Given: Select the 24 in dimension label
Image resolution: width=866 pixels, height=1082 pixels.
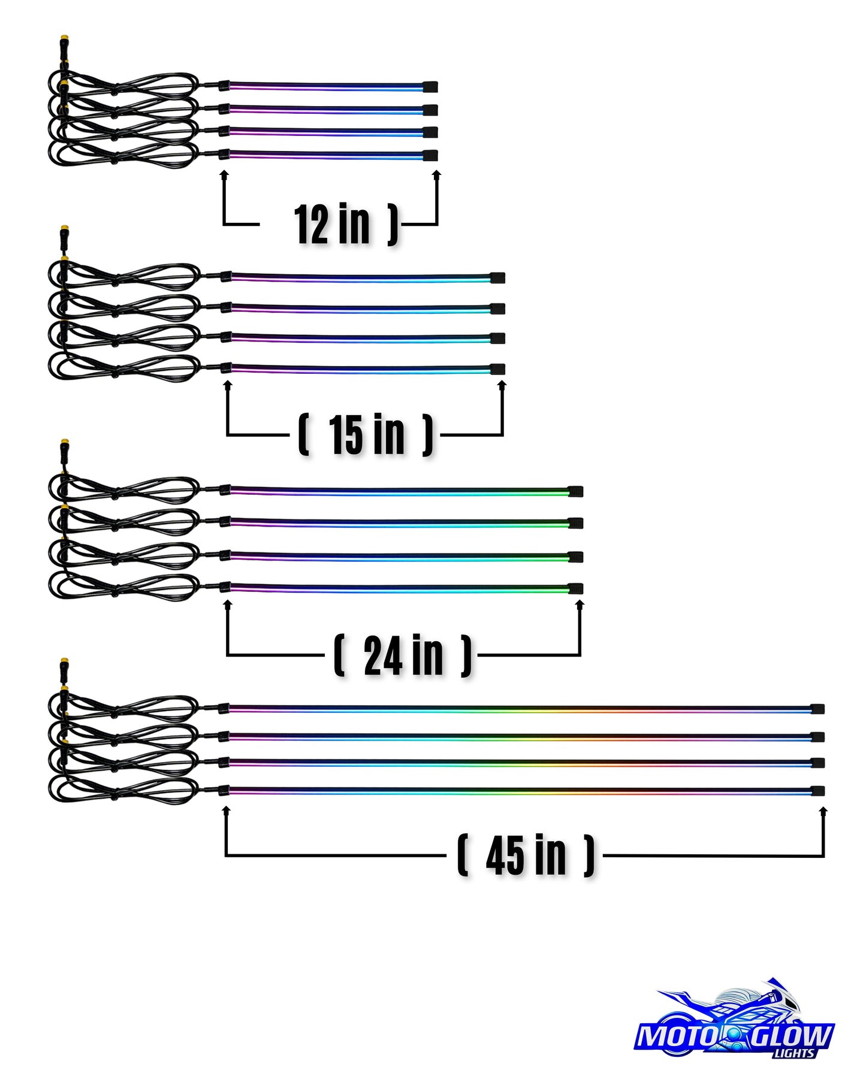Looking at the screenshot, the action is pyautogui.click(x=403, y=655).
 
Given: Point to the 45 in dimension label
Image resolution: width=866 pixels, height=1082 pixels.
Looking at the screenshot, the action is pyautogui.click(x=526, y=856).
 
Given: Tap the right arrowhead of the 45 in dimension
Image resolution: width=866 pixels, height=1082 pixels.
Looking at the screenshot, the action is pyautogui.click(x=823, y=811).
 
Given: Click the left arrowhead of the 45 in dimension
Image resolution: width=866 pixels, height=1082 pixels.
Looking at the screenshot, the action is pyautogui.click(x=226, y=811).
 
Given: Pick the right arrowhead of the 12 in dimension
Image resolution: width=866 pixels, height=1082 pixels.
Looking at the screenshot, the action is pyautogui.click(x=437, y=174).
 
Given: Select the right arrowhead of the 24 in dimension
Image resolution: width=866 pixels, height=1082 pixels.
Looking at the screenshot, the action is pyautogui.click(x=580, y=605).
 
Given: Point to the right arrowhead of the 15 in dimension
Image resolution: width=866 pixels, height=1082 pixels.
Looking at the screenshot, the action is pyautogui.click(x=502, y=385).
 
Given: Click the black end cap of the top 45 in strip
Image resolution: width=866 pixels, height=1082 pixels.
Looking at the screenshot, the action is pyautogui.click(x=817, y=709).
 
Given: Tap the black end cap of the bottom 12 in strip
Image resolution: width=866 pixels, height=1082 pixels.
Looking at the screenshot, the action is pyautogui.click(x=430, y=156).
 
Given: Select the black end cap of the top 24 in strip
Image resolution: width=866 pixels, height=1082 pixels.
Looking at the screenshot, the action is pyautogui.click(x=575, y=492).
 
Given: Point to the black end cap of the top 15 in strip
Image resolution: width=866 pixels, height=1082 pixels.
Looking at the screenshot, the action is pyautogui.click(x=497, y=278).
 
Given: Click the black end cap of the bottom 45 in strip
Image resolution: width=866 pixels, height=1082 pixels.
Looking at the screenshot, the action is pyautogui.click(x=817, y=791).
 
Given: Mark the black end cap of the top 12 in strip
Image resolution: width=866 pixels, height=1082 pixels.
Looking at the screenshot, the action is pyautogui.click(x=430, y=87).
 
